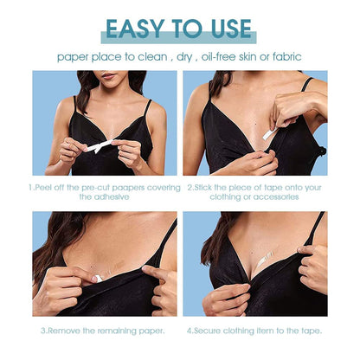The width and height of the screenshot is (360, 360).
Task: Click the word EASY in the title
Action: (135, 29)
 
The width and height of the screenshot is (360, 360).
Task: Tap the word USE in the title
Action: (231, 29)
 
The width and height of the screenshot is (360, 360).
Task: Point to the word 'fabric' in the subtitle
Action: (286, 56)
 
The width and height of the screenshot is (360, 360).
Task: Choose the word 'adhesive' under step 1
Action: (104, 197)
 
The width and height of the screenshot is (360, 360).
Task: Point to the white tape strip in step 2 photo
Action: (270, 133)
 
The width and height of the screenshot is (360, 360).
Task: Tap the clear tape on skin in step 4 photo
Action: (265, 259)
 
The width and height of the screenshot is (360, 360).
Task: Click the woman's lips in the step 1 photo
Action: (108, 76)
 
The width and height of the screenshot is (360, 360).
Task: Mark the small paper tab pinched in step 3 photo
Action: (99, 278)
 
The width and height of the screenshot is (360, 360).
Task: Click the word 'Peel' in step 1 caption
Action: (42, 188)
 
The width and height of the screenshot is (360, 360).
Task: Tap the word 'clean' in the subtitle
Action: (152, 56)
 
